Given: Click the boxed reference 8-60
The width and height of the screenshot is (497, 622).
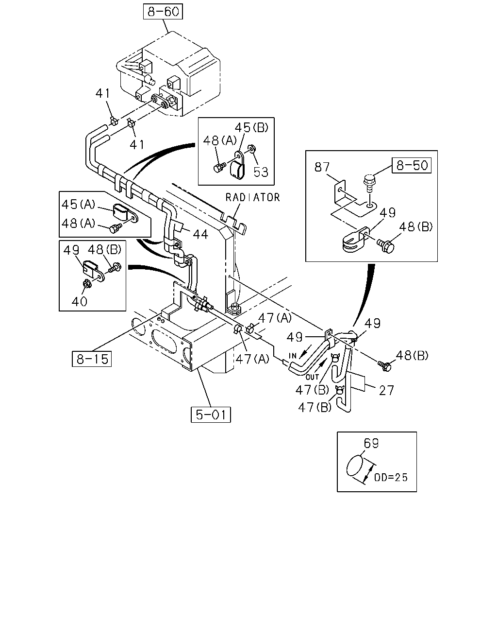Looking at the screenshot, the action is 163,12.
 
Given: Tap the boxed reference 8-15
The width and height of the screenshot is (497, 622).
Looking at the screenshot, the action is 92,359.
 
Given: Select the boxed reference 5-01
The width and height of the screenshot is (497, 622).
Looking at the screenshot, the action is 211,415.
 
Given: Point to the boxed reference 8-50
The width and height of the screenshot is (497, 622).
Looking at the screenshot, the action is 412,165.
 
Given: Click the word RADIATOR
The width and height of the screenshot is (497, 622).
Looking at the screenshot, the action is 253,197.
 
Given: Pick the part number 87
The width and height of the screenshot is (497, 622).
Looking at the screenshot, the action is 322,167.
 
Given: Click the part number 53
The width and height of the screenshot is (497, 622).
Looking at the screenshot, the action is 261,172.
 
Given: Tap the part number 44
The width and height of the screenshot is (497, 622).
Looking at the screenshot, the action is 200,234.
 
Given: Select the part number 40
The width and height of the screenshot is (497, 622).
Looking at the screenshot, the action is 80,302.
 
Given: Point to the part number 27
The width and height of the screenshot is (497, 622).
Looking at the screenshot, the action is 386,391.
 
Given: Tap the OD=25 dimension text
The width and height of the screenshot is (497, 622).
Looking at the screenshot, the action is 391,478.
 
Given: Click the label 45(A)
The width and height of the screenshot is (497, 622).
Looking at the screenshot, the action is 78,205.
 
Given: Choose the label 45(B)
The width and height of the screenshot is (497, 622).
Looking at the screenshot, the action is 251,127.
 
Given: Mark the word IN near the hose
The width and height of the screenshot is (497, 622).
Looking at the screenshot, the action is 293,356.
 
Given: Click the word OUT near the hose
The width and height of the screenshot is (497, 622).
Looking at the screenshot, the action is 312,377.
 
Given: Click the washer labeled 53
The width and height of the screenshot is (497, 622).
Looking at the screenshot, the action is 251,149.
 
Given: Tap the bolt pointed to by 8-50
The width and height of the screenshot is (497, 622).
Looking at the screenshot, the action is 368,183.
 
